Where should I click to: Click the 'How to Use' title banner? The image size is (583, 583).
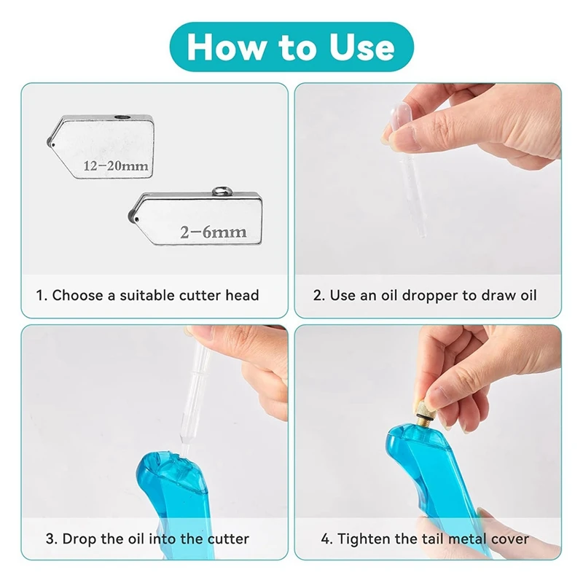[291, 46]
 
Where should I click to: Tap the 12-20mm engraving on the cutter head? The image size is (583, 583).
[116, 166]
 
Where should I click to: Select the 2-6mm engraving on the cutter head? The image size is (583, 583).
[213, 232]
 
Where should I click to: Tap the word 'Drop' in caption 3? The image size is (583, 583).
[78, 539]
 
